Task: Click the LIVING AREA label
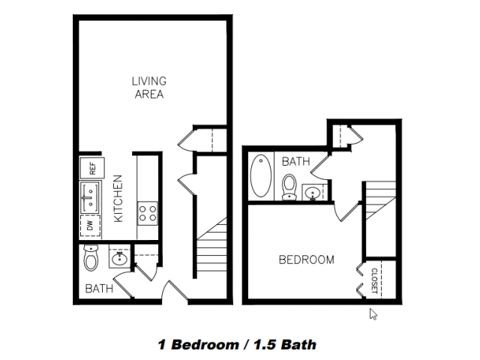pyautogui.click(x=149, y=88)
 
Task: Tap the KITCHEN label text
pyautogui.click(x=118, y=198)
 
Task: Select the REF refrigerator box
pyautogui.click(x=92, y=168)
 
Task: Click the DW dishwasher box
pyautogui.click(x=90, y=226)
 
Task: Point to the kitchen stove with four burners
pyautogui.click(x=148, y=213)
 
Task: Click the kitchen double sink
pyautogui.click(x=90, y=197)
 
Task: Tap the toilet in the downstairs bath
pyautogui.click(x=91, y=257)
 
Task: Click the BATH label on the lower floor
pyautogui.click(x=99, y=288)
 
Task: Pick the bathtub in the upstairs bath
pyautogui.click(x=260, y=175)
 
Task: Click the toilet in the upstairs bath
pyautogui.click(x=289, y=187)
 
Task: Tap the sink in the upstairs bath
pyautogui.click(x=312, y=193)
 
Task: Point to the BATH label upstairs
pyautogui.click(x=295, y=161)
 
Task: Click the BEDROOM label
pyautogui.click(x=307, y=260)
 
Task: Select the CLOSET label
pyautogui.click(x=373, y=280)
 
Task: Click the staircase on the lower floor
pyautogui.click(x=211, y=247)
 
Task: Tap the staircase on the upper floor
pyautogui.click(x=380, y=200)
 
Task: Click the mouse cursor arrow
pyautogui.click(x=373, y=314)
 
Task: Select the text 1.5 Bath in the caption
pyautogui.click(x=284, y=345)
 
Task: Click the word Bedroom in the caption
pyautogui.click(x=205, y=345)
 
